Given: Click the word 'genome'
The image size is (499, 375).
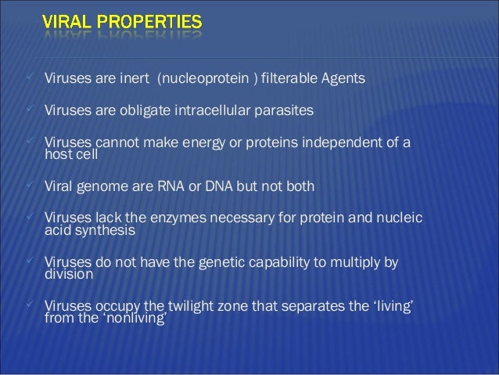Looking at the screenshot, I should coord(100,188).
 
